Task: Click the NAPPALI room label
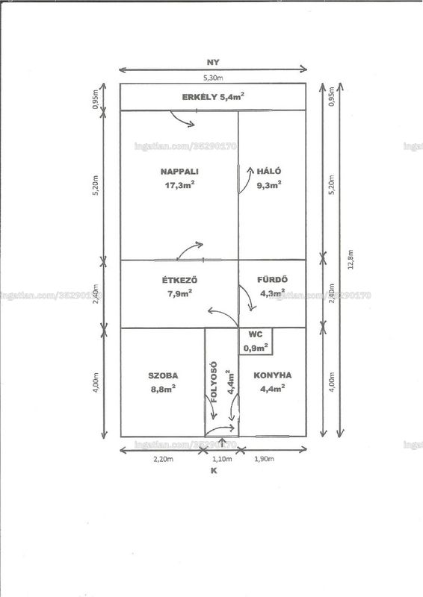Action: (x=179, y=172)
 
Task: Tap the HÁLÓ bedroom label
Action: (x=269, y=172)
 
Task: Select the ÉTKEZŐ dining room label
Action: (x=179, y=281)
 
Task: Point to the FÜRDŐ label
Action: (x=272, y=279)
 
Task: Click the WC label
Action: (x=256, y=334)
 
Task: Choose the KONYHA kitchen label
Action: (x=272, y=375)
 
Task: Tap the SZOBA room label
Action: (x=163, y=376)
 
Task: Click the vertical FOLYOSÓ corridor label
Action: (x=214, y=382)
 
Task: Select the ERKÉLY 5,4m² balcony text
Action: (x=213, y=97)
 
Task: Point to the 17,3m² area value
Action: (x=179, y=185)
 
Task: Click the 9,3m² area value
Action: (x=269, y=185)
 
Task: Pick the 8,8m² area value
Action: (x=163, y=389)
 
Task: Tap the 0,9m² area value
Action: (x=256, y=348)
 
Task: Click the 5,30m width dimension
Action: (x=213, y=78)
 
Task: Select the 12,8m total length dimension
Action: (x=351, y=260)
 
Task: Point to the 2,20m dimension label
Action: (x=163, y=459)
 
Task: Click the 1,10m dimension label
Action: (x=222, y=459)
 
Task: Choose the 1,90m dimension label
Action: (x=264, y=459)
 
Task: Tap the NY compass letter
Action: (x=213, y=63)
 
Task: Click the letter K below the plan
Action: (x=214, y=471)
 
